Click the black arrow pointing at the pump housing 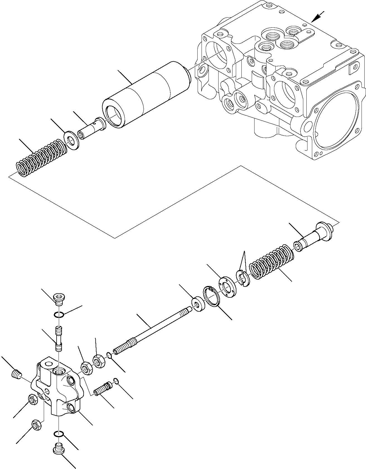click(x=317, y=17)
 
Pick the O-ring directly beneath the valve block click(x=58, y=434)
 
